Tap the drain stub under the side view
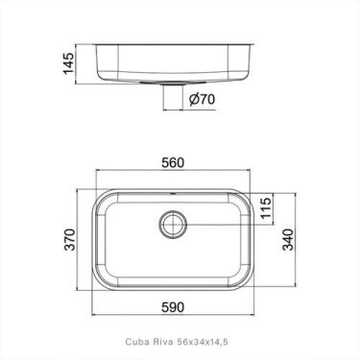(x=173, y=96)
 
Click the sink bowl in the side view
(x=173, y=62)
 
